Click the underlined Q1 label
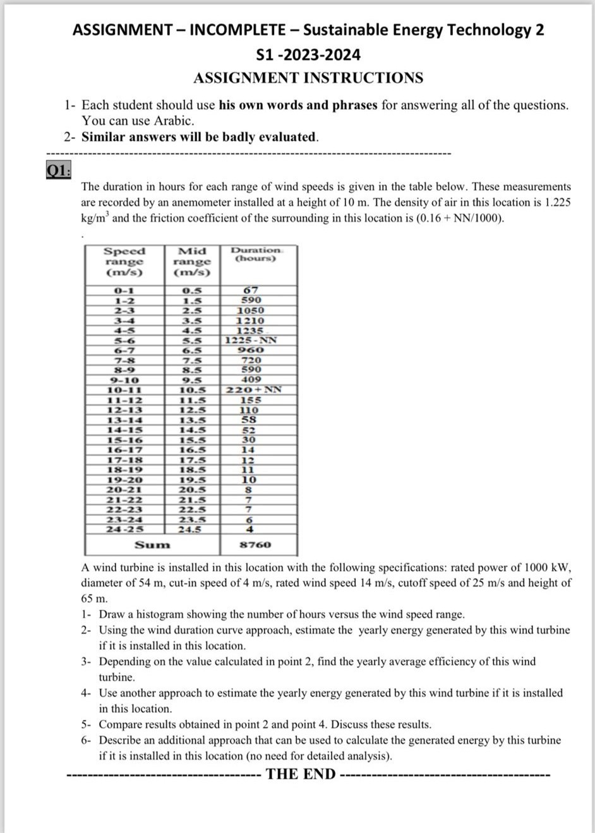click(x=58, y=170)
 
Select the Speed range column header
click(x=124, y=261)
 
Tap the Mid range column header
click(x=192, y=261)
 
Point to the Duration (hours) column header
click(x=256, y=254)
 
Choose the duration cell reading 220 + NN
click(x=253, y=389)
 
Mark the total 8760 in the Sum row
click(x=255, y=544)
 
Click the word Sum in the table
click(x=152, y=544)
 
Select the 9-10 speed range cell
click(x=124, y=380)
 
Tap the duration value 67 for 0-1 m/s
click(x=251, y=290)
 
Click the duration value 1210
click(x=250, y=320)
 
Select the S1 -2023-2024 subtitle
click(x=309, y=55)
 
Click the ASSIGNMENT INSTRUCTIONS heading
click(x=308, y=78)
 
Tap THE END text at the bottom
click(x=301, y=774)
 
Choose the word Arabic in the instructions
click(x=173, y=121)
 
